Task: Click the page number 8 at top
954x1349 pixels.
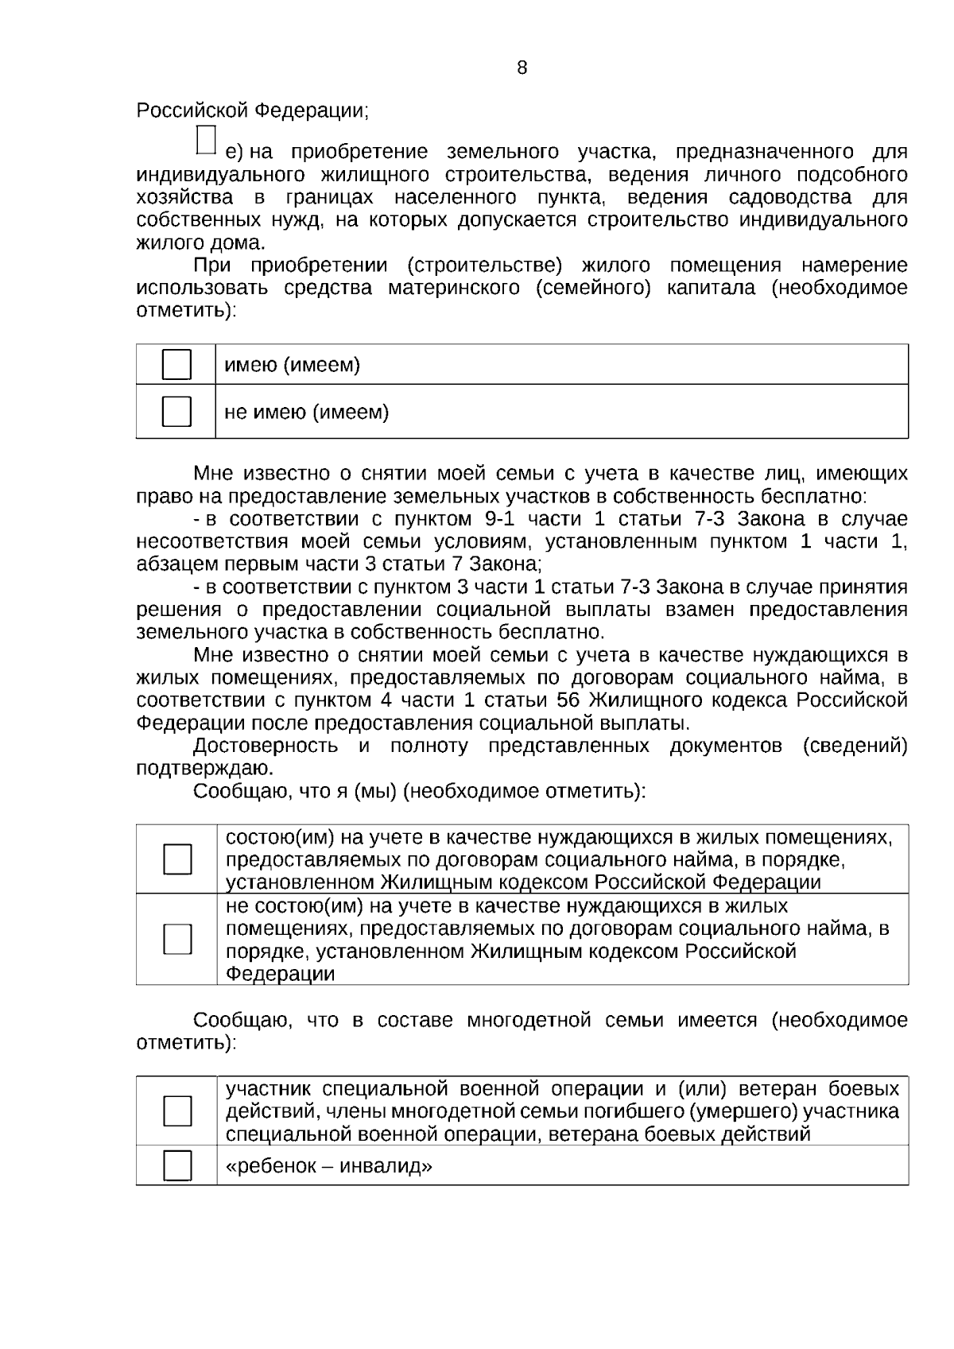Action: [x=522, y=68]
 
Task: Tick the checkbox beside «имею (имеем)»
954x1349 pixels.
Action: [x=176, y=365]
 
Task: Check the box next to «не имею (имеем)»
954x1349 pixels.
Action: [x=176, y=412]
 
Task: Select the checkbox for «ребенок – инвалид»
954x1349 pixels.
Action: [x=177, y=1166]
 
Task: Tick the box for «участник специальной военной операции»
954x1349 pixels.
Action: [x=177, y=1111]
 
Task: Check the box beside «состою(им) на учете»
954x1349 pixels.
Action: [x=177, y=859]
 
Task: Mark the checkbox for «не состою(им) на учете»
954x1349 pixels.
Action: [x=177, y=939]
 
